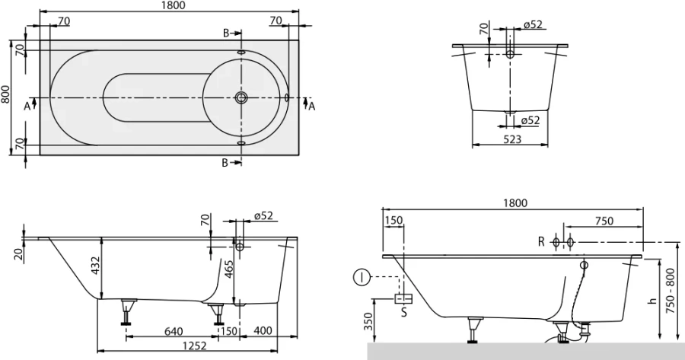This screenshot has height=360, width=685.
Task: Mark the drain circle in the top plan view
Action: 242,97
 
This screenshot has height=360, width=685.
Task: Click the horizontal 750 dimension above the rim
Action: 604,221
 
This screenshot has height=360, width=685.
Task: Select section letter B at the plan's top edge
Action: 225,33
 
